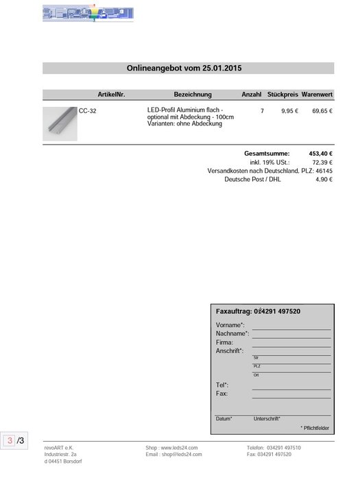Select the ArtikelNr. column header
112,95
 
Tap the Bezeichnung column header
193,95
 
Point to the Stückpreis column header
283,95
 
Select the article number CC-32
88,110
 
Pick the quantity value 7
262,110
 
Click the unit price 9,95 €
289,110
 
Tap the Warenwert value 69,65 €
322,110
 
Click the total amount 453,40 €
321,153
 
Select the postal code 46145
324,171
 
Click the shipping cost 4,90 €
324,180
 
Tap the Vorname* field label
230,324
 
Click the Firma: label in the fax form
224,342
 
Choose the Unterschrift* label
267,418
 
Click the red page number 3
10,440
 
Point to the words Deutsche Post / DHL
252,180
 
